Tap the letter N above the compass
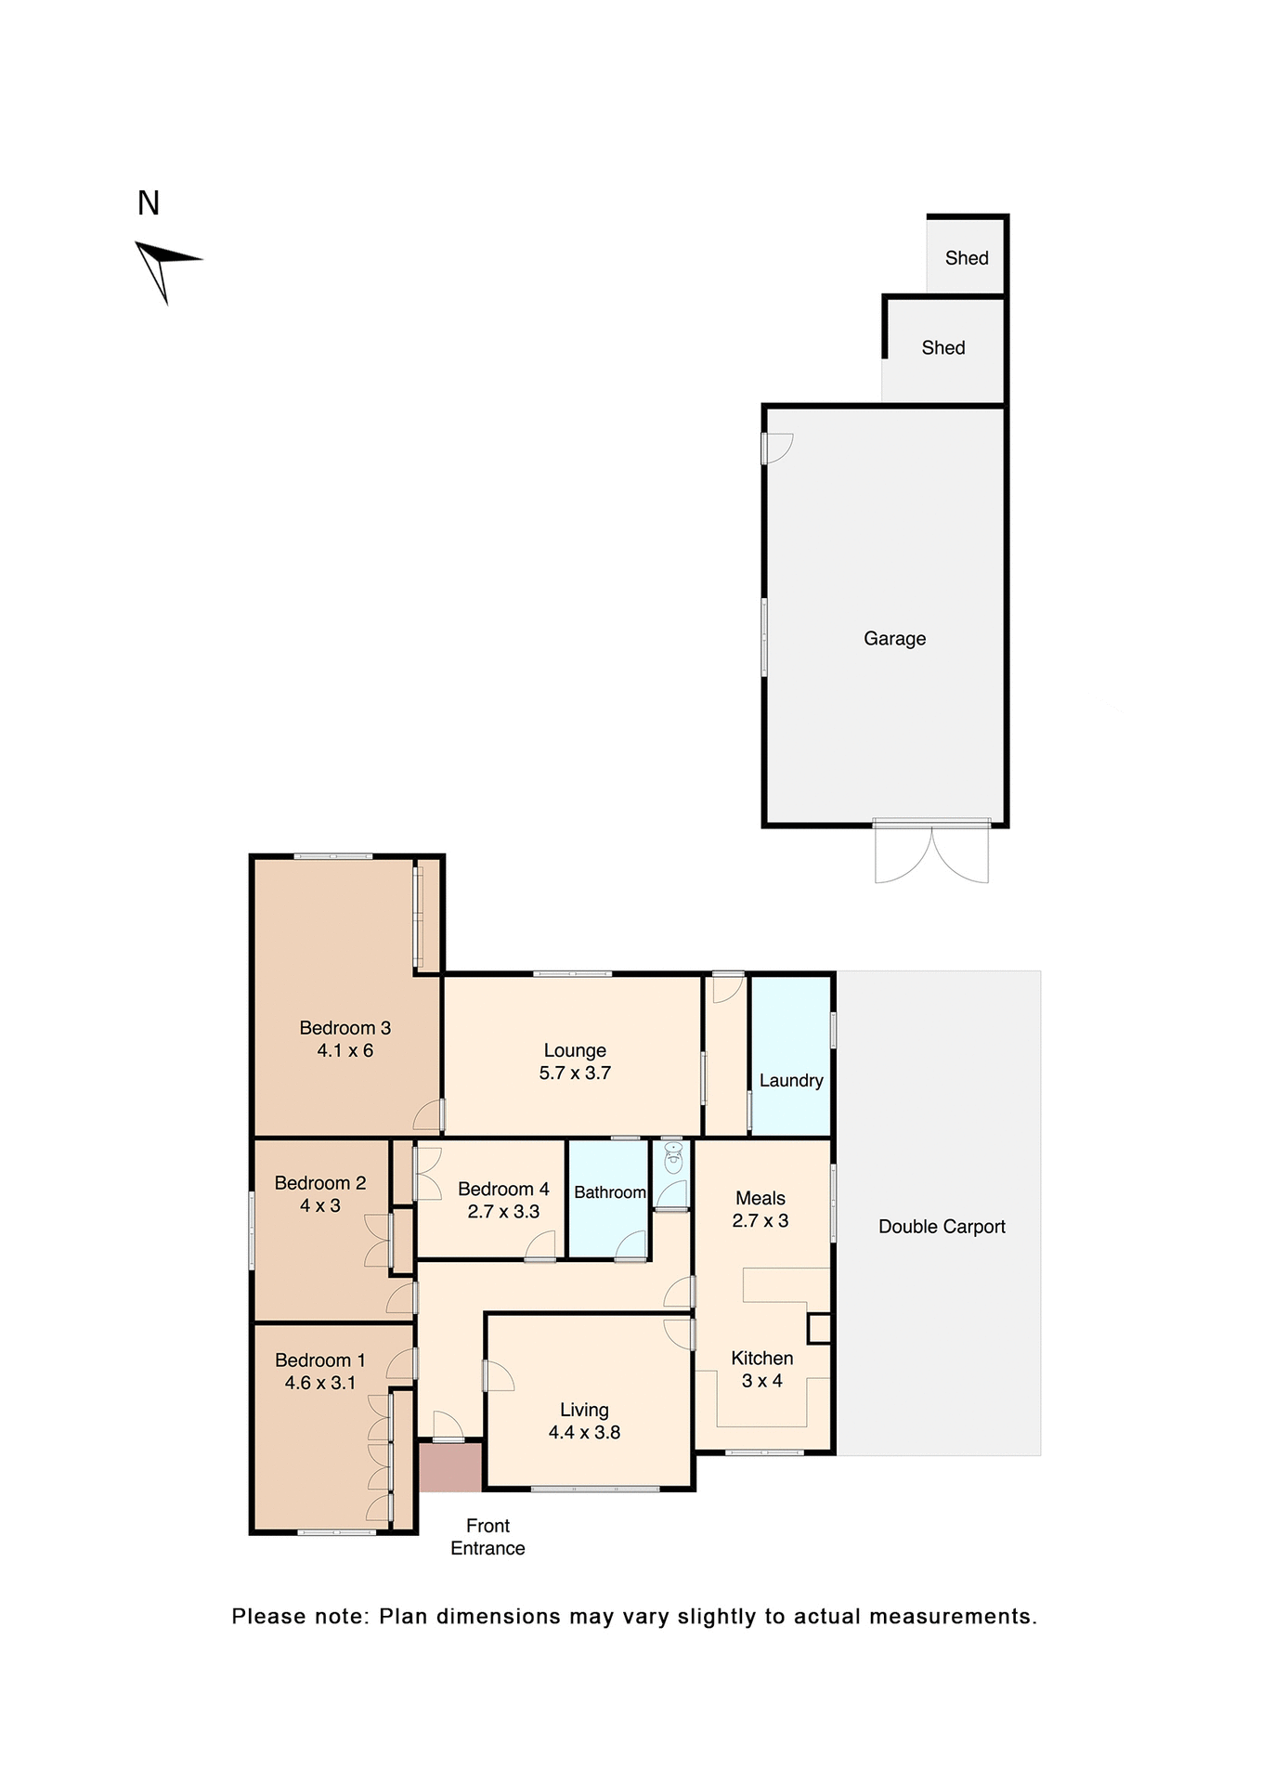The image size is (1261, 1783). click(x=149, y=203)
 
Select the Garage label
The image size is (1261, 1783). click(x=894, y=639)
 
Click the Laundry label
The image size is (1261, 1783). click(x=791, y=1081)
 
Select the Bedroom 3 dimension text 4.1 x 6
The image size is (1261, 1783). click(x=344, y=1051)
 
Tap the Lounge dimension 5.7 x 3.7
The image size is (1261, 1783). click(x=575, y=1074)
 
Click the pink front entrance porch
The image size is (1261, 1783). click(x=450, y=1466)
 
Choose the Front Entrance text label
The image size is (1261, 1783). click(x=487, y=1537)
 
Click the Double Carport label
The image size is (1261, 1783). click(x=942, y=1227)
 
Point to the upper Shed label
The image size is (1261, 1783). click(x=967, y=258)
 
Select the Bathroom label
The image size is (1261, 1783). click(x=609, y=1192)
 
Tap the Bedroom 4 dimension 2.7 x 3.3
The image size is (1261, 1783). click(x=503, y=1212)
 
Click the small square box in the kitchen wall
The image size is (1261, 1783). click(x=818, y=1329)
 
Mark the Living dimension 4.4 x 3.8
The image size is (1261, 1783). click(x=584, y=1433)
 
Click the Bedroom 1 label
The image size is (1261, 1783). click(x=320, y=1360)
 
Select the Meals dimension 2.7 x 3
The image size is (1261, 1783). click(x=760, y=1221)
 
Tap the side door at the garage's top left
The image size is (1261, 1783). click(x=777, y=449)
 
